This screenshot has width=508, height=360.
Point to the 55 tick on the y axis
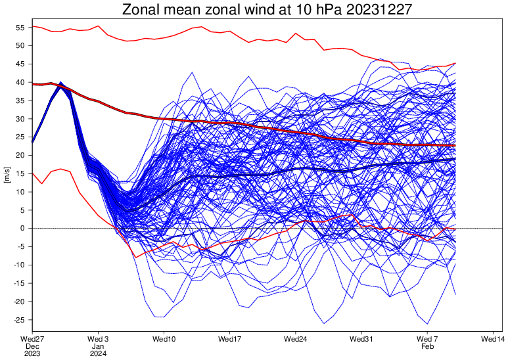pyautogui.click(x=20, y=28)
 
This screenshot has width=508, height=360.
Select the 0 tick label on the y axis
pyautogui.click(x=22, y=229)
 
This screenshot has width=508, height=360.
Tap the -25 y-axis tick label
pyautogui.click(x=19, y=320)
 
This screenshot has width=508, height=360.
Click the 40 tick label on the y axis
pyautogui.click(x=20, y=83)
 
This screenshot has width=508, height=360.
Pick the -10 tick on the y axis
pyautogui.click(x=19, y=265)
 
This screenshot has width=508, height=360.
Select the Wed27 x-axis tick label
pyautogui.click(x=32, y=339)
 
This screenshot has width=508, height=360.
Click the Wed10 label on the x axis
pyautogui.click(x=164, y=339)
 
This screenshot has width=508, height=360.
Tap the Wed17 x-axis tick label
pyautogui.click(x=230, y=339)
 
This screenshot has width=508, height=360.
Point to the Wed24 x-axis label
pyautogui.click(x=296, y=339)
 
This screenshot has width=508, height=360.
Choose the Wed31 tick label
pyautogui.click(x=361, y=339)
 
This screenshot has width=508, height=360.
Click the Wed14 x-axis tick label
pyautogui.click(x=493, y=339)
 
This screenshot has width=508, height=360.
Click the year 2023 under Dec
pyautogui.click(x=32, y=353)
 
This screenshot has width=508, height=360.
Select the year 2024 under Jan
pyautogui.click(x=98, y=353)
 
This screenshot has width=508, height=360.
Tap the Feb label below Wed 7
pyautogui.click(x=427, y=346)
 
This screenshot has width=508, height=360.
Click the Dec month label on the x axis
pyautogui.click(x=32, y=346)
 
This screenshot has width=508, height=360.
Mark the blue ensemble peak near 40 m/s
pyautogui.click(x=61, y=83)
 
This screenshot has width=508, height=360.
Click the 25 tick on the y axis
pyautogui.click(x=20, y=137)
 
